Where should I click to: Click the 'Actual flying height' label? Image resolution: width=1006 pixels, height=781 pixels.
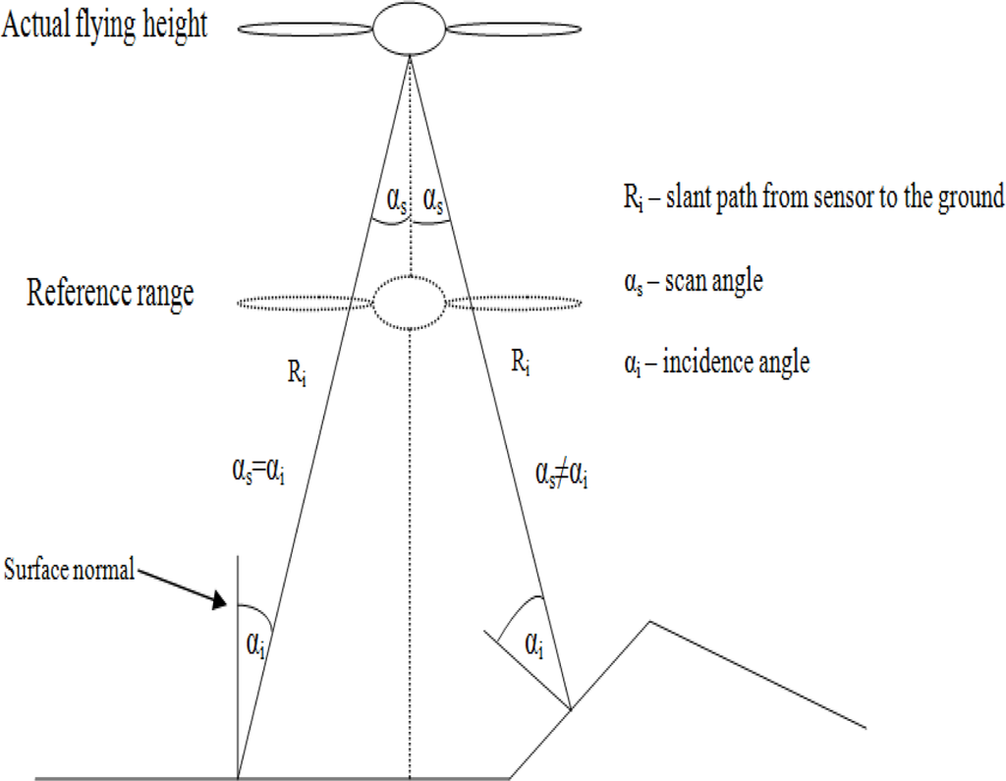[105, 24]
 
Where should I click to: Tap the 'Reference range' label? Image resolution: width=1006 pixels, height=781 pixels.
[110, 293]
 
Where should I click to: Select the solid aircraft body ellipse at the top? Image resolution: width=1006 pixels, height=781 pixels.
[409, 28]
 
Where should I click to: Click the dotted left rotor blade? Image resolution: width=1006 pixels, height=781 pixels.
[304, 303]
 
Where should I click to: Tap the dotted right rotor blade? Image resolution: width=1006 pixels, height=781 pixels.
[515, 303]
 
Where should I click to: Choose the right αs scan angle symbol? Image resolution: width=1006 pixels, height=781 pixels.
[431, 200]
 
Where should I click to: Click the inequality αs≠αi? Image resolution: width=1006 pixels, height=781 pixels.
[562, 476]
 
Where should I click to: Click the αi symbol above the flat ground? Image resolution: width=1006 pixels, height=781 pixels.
[253, 645]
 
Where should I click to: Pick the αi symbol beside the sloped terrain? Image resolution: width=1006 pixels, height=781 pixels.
[535, 645]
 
